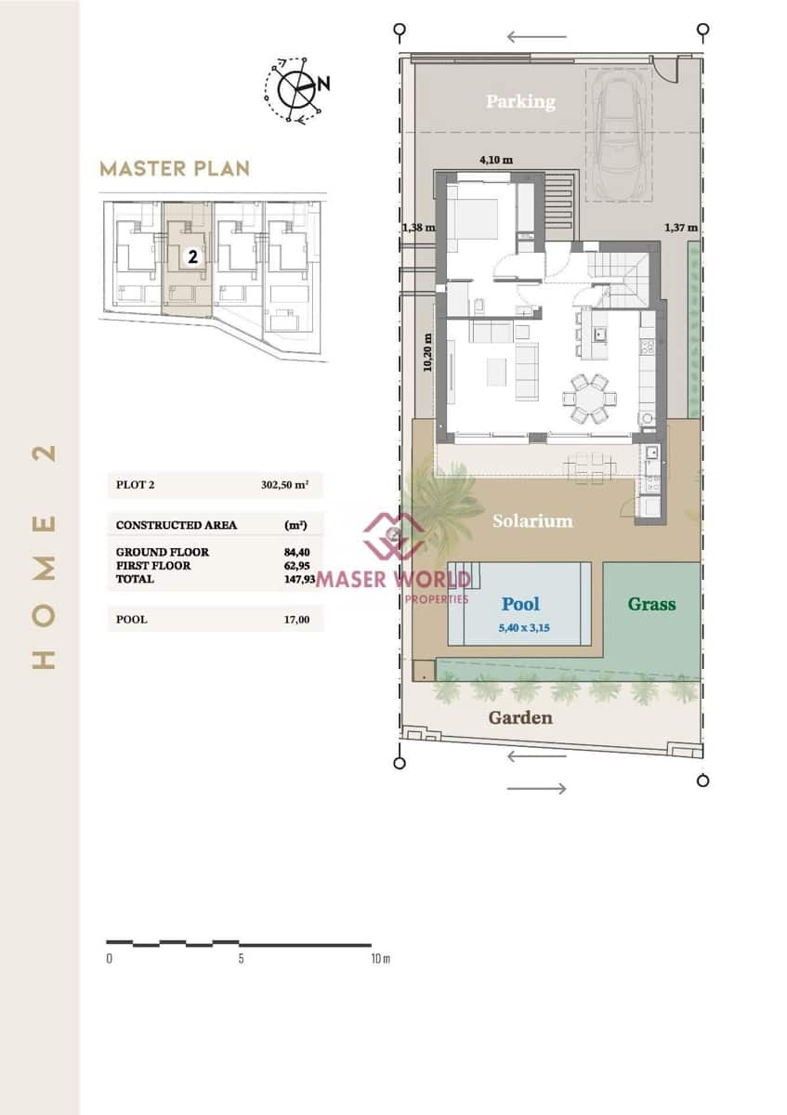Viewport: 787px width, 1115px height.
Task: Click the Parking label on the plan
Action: pos(519,101)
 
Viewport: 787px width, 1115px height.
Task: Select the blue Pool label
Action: pos(520,604)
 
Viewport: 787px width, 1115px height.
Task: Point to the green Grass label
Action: pos(651,604)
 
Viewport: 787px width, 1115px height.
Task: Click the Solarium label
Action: pos(532,520)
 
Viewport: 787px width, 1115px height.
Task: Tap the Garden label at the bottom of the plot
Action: pos(520,717)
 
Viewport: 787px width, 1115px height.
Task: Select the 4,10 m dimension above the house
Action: pos(495,160)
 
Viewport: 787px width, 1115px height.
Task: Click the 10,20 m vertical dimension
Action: pos(427,353)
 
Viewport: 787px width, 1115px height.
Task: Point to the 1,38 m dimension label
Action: pos(418,227)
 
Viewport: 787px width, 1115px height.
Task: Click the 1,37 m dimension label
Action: pos(681,227)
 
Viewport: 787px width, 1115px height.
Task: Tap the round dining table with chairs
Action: pos(586,399)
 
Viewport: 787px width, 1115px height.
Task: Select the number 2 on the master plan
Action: pos(192,257)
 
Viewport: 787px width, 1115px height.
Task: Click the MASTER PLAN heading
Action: pos(175,169)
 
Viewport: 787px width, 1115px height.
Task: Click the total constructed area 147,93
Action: pos(296,579)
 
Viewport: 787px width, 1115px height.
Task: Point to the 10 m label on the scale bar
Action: pos(379,959)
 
